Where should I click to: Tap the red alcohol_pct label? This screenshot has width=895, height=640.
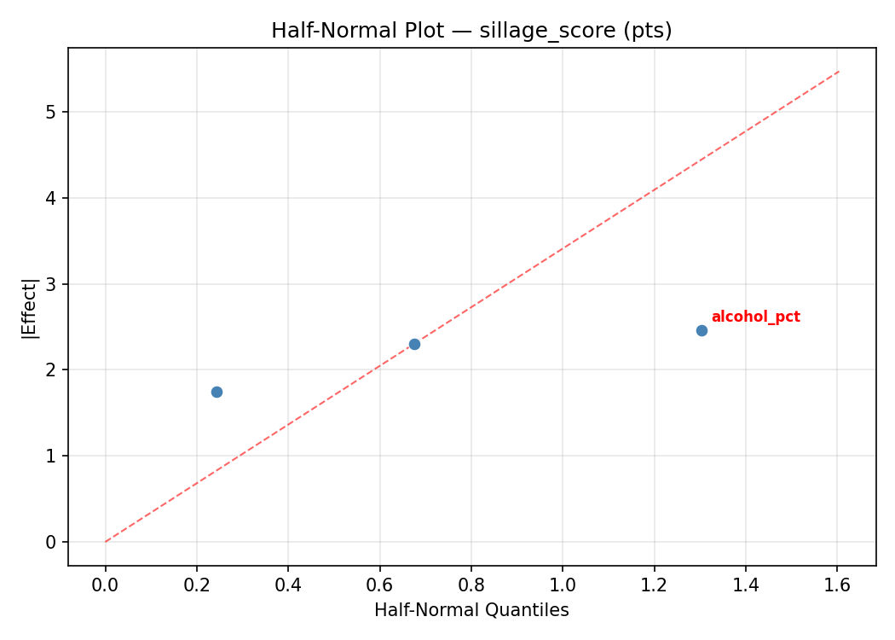(x=755, y=317)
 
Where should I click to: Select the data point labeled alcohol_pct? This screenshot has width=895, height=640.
(x=702, y=330)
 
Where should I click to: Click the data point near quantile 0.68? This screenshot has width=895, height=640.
(x=414, y=344)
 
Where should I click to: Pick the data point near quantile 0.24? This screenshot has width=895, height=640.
(x=217, y=392)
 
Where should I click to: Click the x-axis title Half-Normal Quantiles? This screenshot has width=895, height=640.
(x=471, y=610)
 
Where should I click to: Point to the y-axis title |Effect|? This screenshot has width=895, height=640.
(x=31, y=307)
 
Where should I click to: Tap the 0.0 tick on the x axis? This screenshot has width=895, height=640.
(x=106, y=586)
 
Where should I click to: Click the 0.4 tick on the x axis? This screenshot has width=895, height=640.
(x=288, y=586)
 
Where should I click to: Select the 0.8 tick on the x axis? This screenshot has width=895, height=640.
(x=471, y=586)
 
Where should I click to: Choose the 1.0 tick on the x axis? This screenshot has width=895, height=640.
(x=563, y=586)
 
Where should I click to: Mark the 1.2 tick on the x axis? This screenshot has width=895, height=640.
(x=654, y=586)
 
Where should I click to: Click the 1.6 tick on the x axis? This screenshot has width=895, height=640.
(x=837, y=586)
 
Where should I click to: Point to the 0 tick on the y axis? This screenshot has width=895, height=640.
(x=51, y=542)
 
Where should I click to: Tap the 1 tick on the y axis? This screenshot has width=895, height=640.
(x=51, y=456)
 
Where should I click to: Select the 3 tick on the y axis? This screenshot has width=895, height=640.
(x=51, y=284)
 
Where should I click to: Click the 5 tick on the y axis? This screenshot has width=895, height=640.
(x=51, y=112)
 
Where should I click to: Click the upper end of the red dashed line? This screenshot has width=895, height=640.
(x=839, y=72)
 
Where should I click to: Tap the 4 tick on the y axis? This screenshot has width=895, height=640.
(x=51, y=198)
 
